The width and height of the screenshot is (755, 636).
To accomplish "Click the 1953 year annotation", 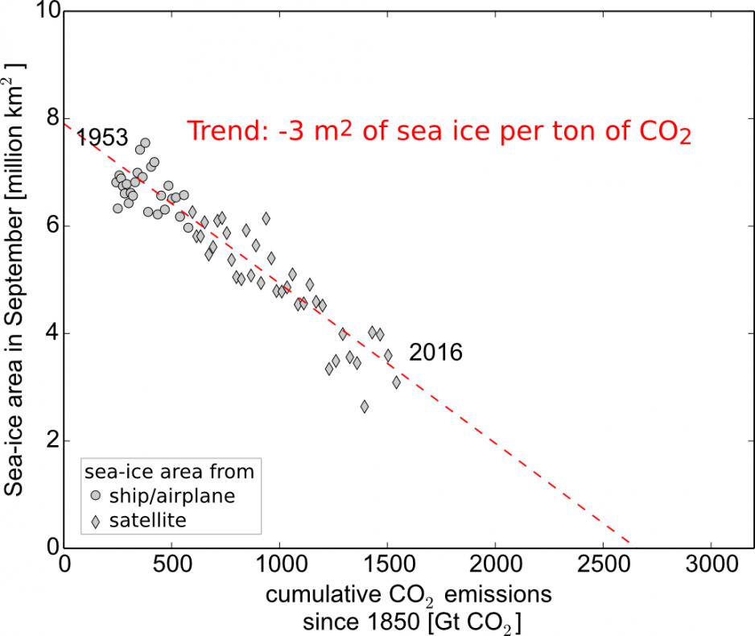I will (x=102, y=138).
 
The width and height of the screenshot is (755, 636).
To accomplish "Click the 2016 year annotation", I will (x=435, y=353).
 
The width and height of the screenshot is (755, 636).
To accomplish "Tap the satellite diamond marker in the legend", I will (x=96, y=522).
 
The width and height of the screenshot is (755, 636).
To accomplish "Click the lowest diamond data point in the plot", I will (x=365, y=407).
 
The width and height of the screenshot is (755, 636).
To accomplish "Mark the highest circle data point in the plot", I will (x=146, y=142).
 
